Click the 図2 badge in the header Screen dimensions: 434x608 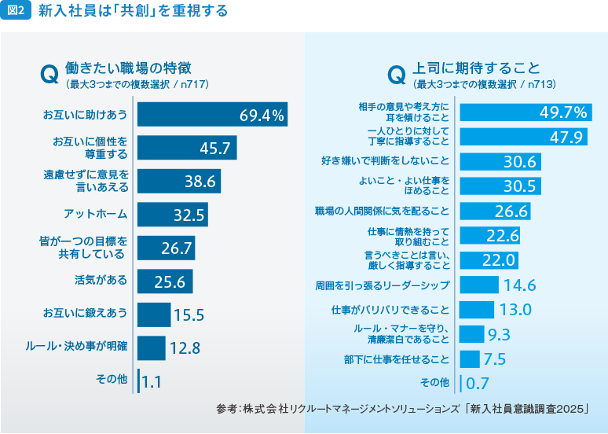[16, 11]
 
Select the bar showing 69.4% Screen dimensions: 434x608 [212, 115]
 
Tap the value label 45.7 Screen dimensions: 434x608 [215, 148]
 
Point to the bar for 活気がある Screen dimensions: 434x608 [165, 281]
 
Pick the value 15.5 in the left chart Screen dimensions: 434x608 [189, 315]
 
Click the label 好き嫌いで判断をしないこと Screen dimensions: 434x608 [386, 161]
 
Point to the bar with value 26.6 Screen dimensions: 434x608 [495, 211]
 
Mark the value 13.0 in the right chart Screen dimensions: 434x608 [517, 309]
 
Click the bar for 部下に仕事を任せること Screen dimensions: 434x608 [470, 359]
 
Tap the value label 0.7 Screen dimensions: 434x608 [478, 384]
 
